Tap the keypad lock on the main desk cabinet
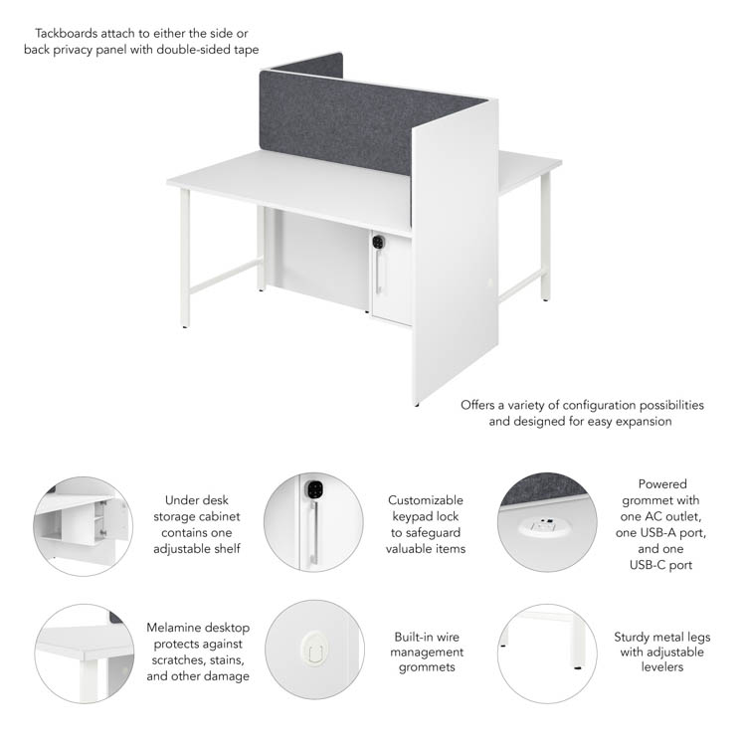pyautogui.click(x=378, y=242)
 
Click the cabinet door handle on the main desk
pyautogui.click(x=378, y=272)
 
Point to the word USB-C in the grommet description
pyautogui.click(x=647, y=565)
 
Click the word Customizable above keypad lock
pyautogui.click(x=426, y=500)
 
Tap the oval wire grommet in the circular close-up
pyautogui.click(x=314, y=648)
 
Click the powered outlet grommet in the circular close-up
pyautogui.click(x=544, y=526)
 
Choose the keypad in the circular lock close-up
pyautogui.click(x=314, y=489)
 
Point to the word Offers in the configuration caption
pyautogui.click(x=477, y=405)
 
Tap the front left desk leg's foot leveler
pyautogui.click(x=185, y=327)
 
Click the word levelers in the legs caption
pyautogui.click(x=662, y=667)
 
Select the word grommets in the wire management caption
pyautogui.click(x=427, y=667)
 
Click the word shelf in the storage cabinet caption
pyautogui.click(x=229, y=548)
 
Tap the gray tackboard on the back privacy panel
pyautogui.click(x=372, y=122)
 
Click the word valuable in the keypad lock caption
pyautogui.click(x=406, y=548)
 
